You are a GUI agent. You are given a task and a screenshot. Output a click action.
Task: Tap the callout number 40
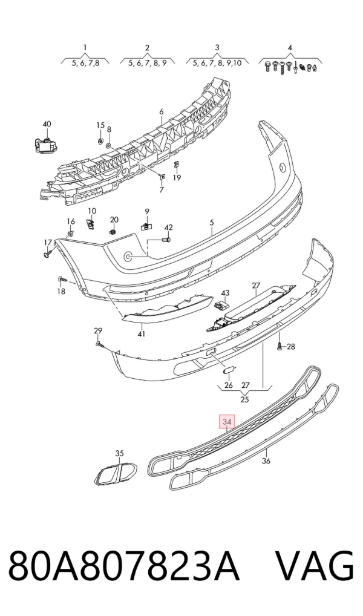click(47, 124)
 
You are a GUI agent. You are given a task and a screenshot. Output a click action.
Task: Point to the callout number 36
click(266, 461)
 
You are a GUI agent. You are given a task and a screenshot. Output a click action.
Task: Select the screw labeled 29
click(100, 345)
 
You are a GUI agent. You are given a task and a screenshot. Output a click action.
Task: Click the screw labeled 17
click(48, 254)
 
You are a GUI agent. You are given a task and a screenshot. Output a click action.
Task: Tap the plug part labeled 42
click(166, 238)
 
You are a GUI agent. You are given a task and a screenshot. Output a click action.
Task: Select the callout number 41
click(142, 334)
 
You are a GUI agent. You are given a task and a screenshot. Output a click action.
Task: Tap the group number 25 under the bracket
click(244, 400)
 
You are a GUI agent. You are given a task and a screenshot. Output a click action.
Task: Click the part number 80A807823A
click(124, 566)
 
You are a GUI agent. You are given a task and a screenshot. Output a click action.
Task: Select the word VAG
click(315, 566)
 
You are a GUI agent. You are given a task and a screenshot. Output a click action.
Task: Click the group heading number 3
click(217, 48)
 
